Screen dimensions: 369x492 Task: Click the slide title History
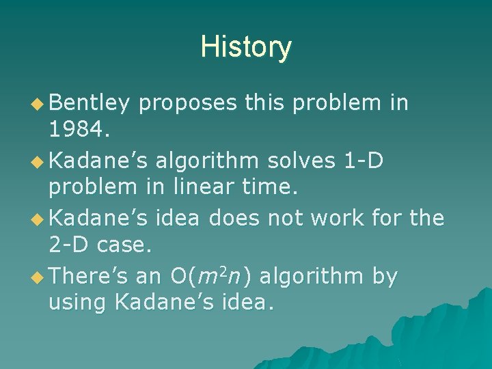[246, 47]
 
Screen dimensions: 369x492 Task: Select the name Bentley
[90, 102]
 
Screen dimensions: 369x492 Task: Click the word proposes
[187, 104]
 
